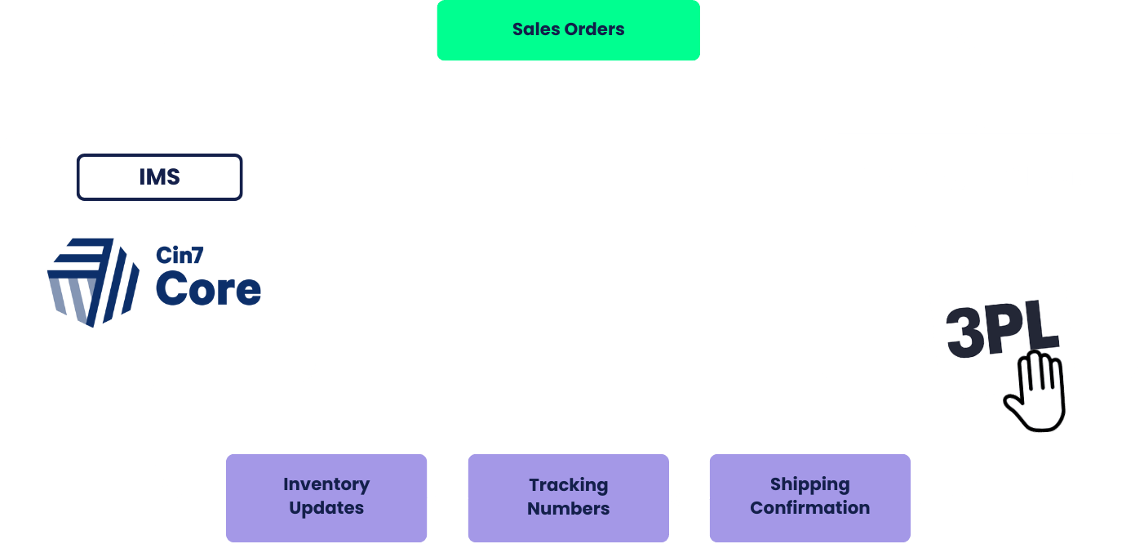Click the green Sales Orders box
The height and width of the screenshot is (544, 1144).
[569, 29]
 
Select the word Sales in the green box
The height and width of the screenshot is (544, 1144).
[536, 29]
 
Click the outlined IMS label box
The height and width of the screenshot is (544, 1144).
[159, 177]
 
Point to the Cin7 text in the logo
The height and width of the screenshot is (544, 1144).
[180, 255]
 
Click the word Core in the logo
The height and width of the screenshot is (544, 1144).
[208, 289]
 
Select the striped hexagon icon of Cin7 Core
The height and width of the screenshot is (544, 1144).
[93, 283]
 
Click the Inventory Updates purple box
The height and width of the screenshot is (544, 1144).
[326, 498]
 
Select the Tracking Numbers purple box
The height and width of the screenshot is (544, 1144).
[569, 498]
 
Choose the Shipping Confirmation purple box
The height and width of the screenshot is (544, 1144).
[810, 498]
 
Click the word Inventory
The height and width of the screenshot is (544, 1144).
[326, 484]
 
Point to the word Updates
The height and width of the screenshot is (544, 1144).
[326, 508]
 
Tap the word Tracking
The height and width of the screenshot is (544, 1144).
[569, 485]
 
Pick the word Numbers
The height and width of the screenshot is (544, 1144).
[569, 509]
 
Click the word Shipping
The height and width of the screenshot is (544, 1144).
[810, 484]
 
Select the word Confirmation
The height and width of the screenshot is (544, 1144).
[810, 508]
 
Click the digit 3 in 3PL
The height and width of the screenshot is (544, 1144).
[964, 333]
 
